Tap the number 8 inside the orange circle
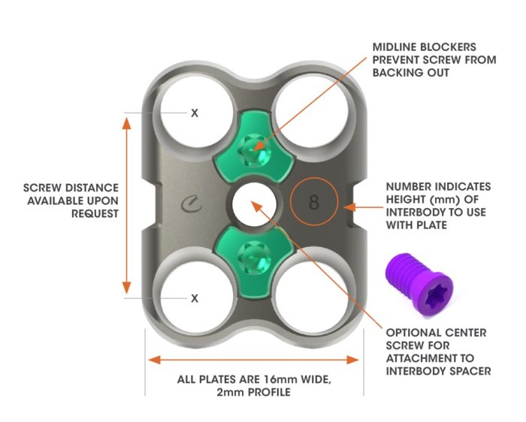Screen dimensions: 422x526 click(x=314, y=201)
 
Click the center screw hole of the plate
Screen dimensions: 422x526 click(x=252, y=203)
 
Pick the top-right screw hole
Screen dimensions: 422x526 click(x=314, y=105)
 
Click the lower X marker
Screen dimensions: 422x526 click(x=195, y=298)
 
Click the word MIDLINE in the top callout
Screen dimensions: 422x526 click(x=398, y=47)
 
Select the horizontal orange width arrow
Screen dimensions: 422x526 click(x=255, y=359)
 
